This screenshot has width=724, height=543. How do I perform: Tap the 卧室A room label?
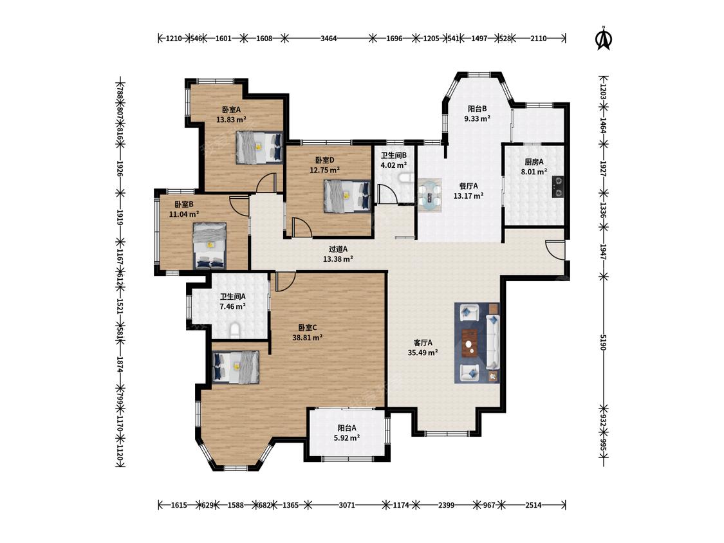tap(231, 110)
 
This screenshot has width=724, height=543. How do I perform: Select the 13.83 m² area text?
tap(231, 120)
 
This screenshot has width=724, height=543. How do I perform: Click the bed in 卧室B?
tap(210, 246)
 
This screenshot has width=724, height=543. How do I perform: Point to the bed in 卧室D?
tap(348, 196)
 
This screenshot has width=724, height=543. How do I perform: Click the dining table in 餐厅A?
tap(430, 195)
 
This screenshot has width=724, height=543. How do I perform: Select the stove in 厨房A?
tap(558, 187)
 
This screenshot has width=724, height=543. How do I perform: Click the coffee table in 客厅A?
tap(470, 343)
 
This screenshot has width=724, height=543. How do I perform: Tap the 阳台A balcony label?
tap(347, 428)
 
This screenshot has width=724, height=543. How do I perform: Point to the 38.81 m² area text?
tap(308, 338)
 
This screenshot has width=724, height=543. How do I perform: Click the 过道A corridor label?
tap(338, 250)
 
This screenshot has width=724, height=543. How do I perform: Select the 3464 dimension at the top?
tap(329, 39)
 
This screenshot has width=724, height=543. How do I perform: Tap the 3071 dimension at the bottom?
tap(347, 505)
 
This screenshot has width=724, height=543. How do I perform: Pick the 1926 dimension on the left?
tap(120, 169)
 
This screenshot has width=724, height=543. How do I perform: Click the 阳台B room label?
tap(478, 109)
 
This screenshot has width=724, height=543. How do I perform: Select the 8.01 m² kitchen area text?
tap(534, 171)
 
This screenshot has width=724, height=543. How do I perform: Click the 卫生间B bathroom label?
tap(393, 156)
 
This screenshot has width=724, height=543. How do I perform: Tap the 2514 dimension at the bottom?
tap(534, 505)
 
